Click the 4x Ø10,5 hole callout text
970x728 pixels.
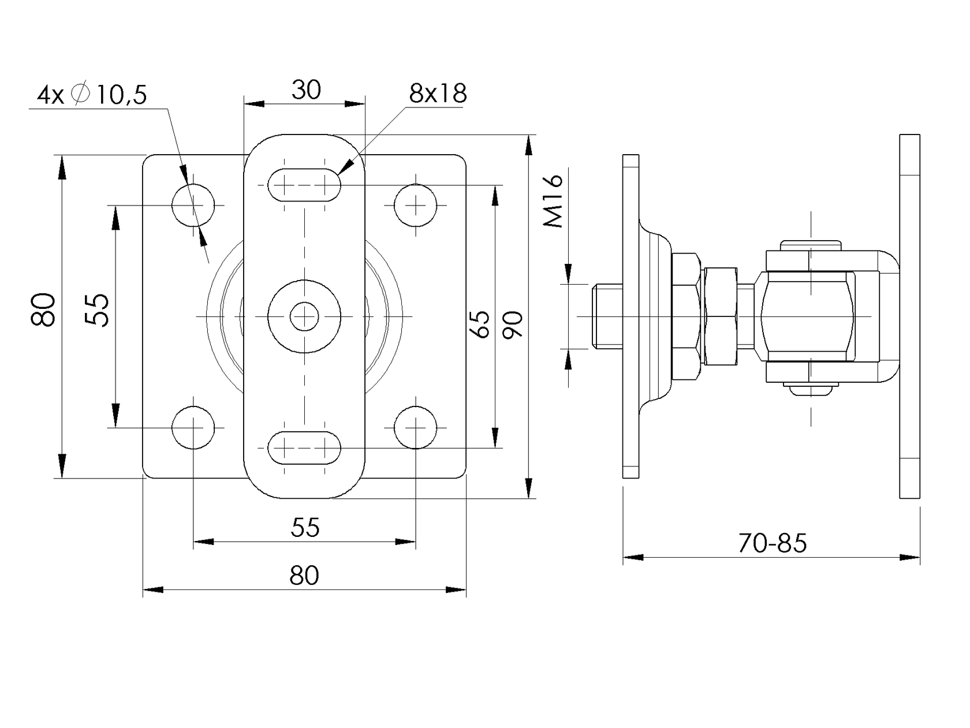tap(92, 94)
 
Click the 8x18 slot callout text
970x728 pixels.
tap(438, 94)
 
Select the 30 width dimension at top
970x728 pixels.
tap(305, 90)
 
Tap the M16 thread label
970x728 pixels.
tap(554, 201)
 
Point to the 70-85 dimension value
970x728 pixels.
tap(772, 543)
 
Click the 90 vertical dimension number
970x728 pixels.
tap(513, 324)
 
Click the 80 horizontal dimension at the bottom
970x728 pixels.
tap(304, 576)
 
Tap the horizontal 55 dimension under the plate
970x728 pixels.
tap(305, 527)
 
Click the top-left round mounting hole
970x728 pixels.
tap(193, 204)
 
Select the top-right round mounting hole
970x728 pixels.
tap(416, 204)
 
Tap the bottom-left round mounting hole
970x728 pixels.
tap(193, 427)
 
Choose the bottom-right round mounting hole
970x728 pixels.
tap(416, 427)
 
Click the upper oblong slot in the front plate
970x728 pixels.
tap(304, 185)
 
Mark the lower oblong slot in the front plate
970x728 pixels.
tap(304, 447)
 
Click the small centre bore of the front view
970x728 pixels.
tap(304, 316)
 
